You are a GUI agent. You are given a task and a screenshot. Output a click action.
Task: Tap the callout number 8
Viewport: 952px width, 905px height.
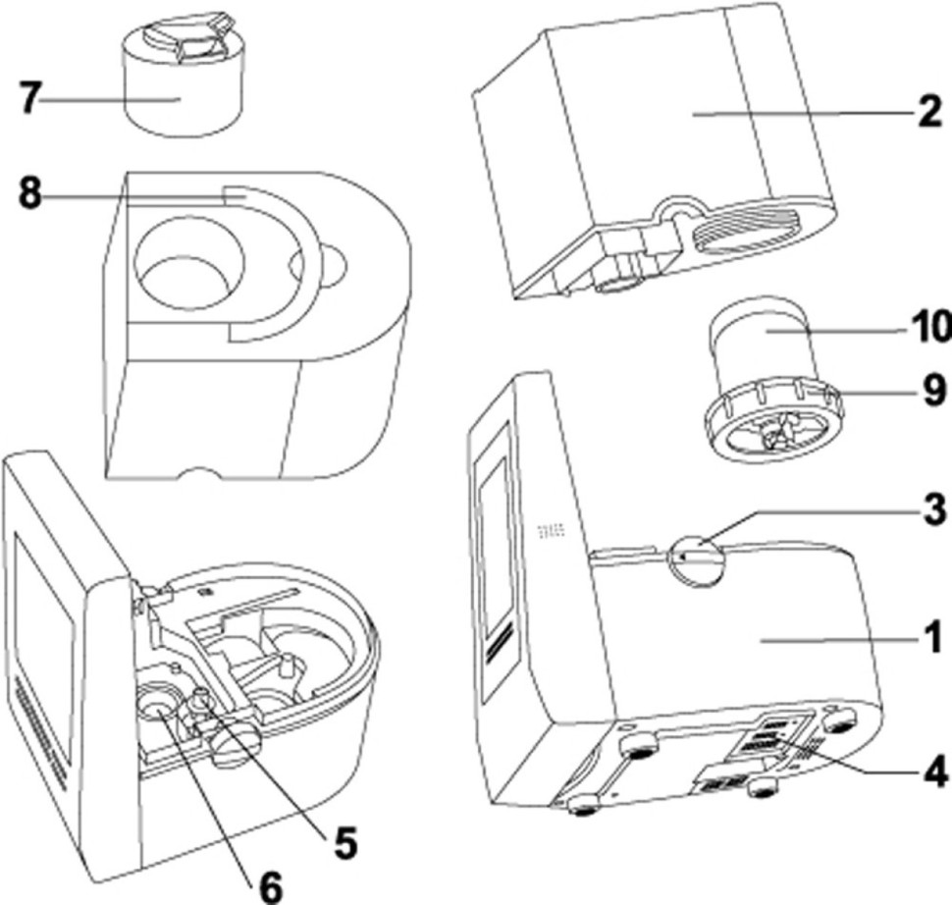(31, 194)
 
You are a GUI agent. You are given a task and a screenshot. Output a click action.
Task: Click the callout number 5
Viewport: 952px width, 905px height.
(342, 843)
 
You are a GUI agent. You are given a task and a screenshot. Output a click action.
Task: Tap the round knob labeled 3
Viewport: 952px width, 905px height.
(693, 559)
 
